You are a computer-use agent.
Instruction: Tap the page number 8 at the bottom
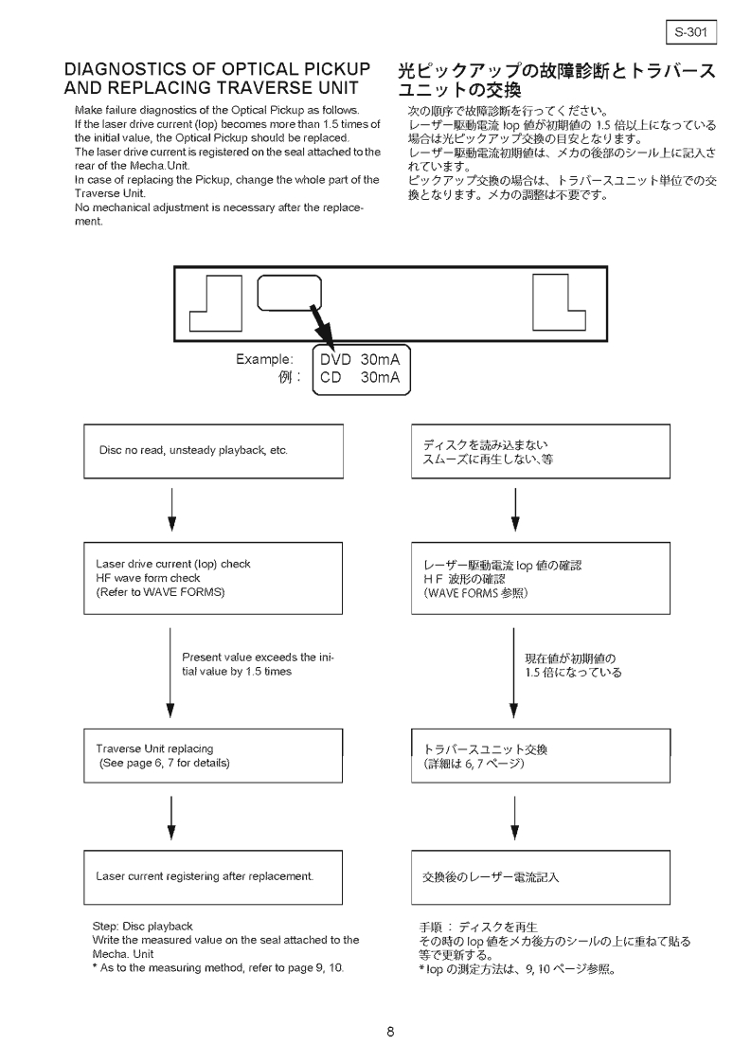pyautogui.click(x=390, y=1033)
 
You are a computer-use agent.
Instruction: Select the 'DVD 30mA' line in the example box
pyautogui.click(x=360, y=360)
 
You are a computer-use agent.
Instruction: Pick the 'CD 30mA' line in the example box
pyautogui.click(x=360, y=378)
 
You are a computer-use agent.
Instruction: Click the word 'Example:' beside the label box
pyautogui.click(x=264, y=360)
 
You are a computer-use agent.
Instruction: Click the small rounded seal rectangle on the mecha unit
pyautogui.click(x=289, y=292)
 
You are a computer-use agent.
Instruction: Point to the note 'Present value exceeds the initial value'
pyautogui.click(x=258, y=663)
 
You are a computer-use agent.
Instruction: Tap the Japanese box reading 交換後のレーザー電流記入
pyautogui.click(x=541, y=876)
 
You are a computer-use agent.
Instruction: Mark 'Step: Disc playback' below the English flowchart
pyautogui.click(x=138, y=925)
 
